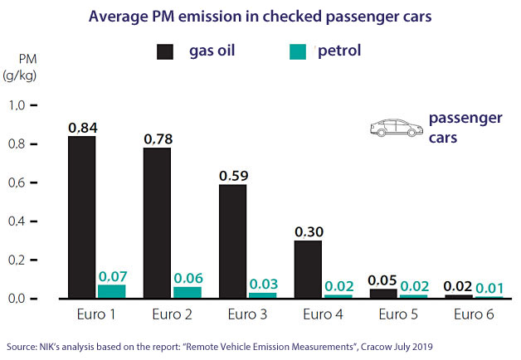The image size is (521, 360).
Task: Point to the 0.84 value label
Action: pos(83,128)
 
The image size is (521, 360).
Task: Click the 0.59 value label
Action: pos(233,176)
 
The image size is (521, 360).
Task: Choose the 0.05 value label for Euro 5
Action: pos(383,280)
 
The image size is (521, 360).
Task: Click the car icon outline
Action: pos(395,128)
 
